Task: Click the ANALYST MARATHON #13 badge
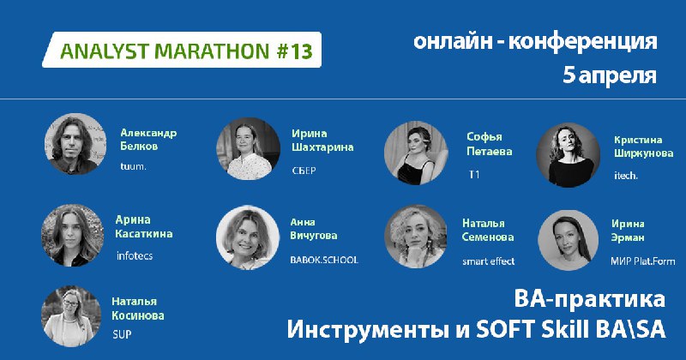pyautogui.click(x=182, y=50)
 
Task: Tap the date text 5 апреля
pyautogui.click(x=610, y=75)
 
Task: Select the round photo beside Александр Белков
pyautogui.click(x=75, y=144)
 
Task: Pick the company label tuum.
pyautogui.click(x=133, y=166)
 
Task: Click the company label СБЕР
pyautogui.click(x=304, y=171)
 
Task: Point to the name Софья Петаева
pyautogui.click(x=489, y=144)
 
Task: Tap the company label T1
pyautogui.click(x=474, y=175)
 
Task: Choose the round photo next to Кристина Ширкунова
pyautogui.click(x=568, y=155)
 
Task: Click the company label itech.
pyautogui.click(x=626, y=176)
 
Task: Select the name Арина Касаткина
pyautogui.click(x=144, y=226)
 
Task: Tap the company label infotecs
pyautogui.click(x=135, y=255)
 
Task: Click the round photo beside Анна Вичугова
pyautogui.click(x=248, y=237)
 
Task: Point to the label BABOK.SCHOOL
pyautogui.click(x=324, y=260)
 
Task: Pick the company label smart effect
pyautogui.click(x=488, y=261)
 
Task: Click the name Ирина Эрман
pyautogui.click(x=628, y=231)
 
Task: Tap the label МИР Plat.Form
pyautogui.click(x=647, y=261)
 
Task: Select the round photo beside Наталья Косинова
pyautogui.click(x=71, y=316)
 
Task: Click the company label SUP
pyautogui.click(x=122, y=334)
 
